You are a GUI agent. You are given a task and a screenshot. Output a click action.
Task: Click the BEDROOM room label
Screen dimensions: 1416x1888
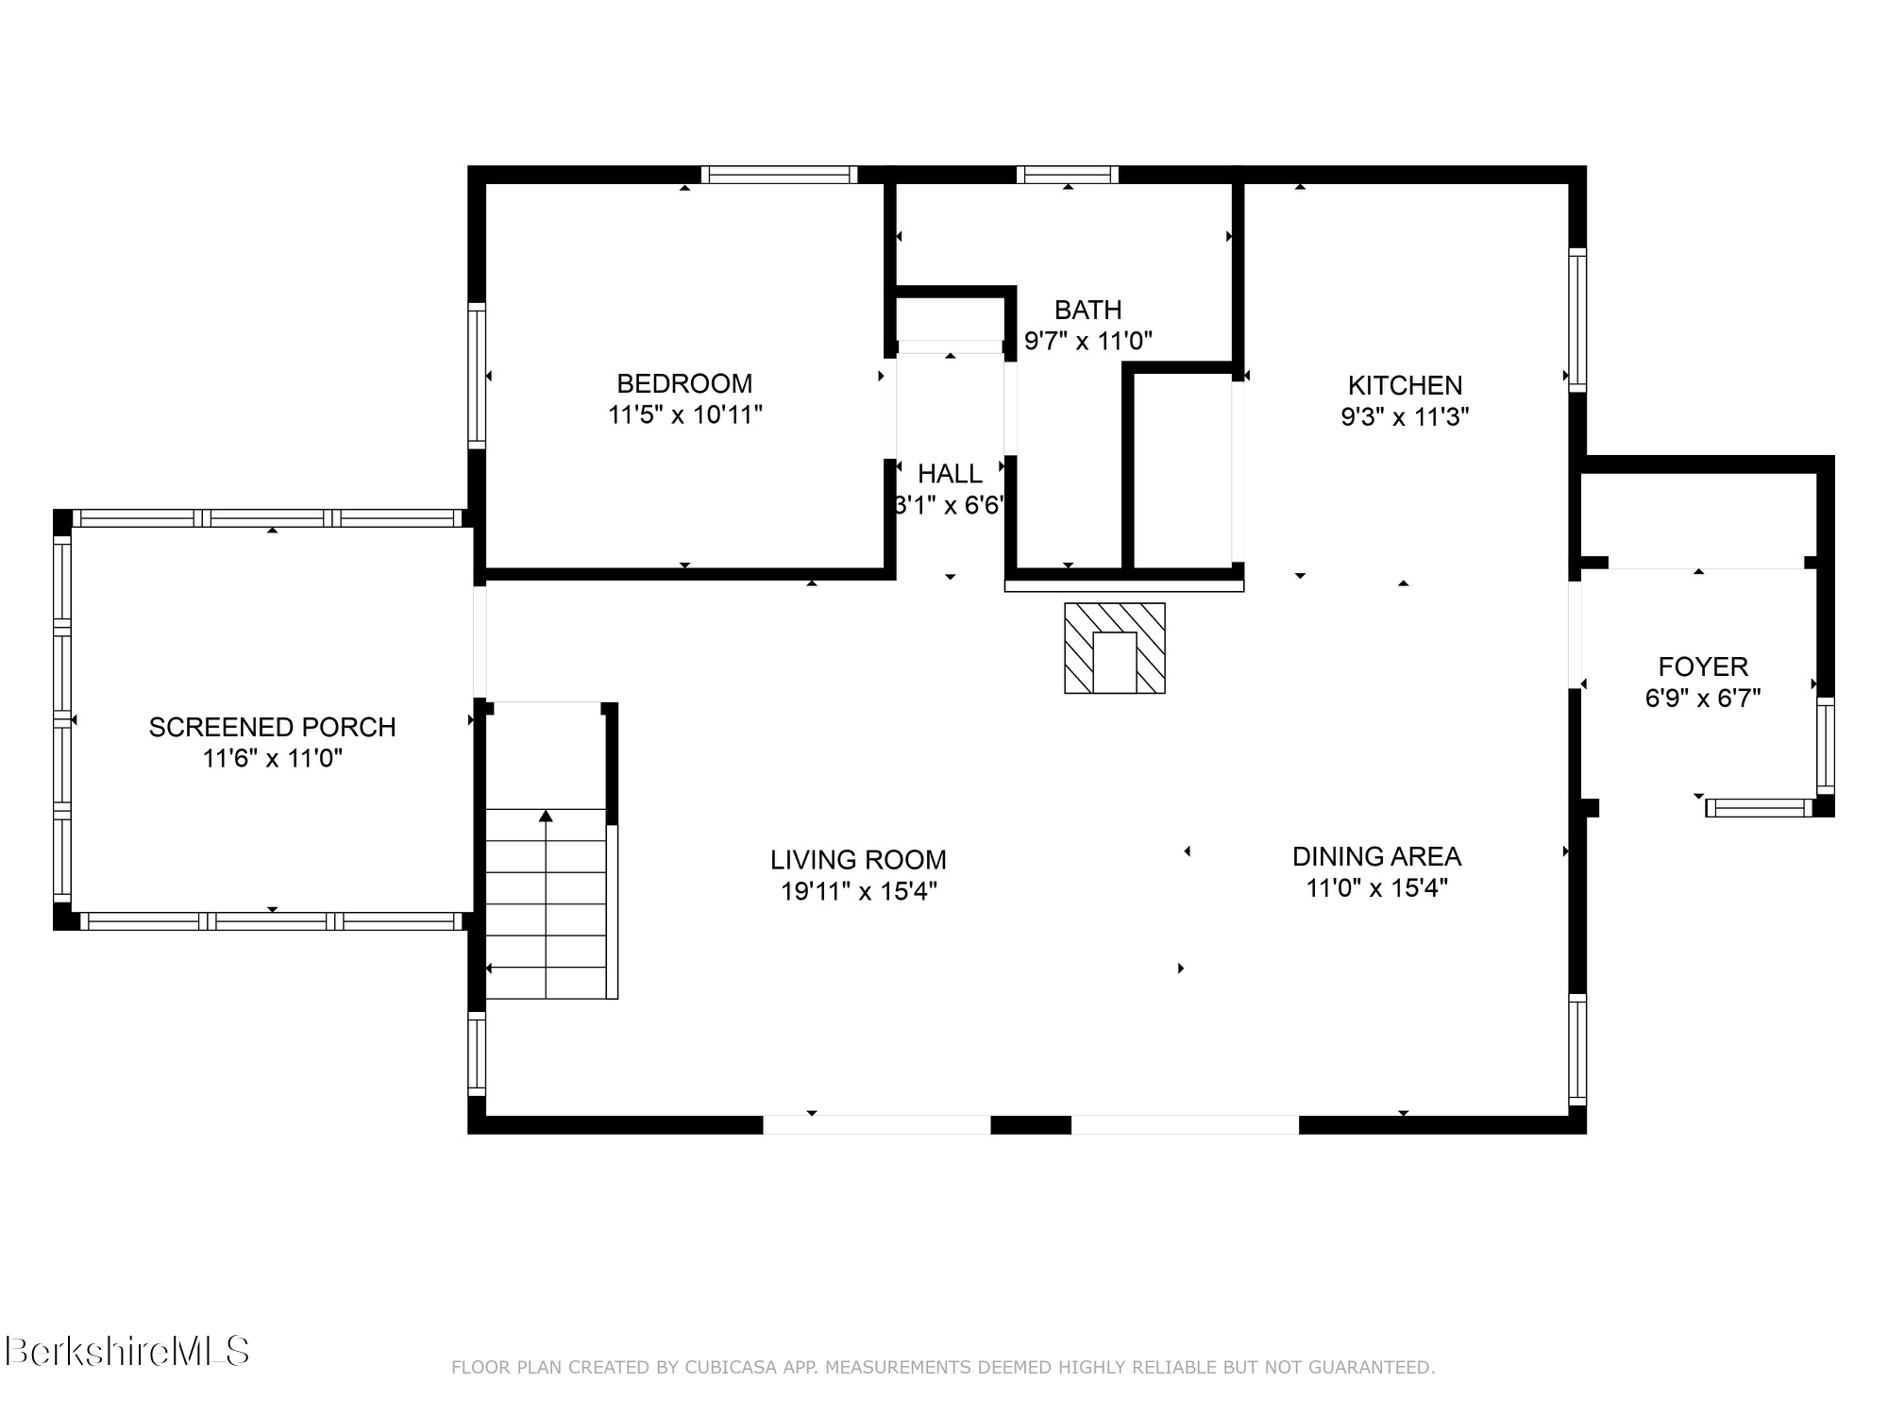coord(684,383)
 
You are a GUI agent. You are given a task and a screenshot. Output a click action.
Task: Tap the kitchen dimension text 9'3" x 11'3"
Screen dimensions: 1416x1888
coord(1405,416)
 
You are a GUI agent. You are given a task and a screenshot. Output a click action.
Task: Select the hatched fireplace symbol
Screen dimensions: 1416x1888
coord(1115,649)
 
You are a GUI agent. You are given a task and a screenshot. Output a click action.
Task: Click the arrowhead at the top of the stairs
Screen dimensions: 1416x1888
coord(546,816)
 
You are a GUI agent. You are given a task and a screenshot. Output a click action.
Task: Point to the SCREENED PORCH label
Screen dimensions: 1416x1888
coord(272,727)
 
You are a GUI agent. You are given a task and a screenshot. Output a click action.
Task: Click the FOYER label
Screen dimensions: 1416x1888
coord(1703,666)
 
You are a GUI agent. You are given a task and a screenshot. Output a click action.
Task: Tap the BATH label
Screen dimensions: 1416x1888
coord(1087,310)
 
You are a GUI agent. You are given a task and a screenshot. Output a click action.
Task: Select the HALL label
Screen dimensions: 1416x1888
coord(950,473)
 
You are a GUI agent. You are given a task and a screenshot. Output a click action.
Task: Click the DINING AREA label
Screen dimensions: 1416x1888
coord(1376,856)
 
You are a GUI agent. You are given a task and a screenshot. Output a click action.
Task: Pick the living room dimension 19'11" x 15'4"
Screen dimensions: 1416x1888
coord(858,891)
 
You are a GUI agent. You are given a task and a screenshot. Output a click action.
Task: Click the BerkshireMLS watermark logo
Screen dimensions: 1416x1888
coord(127,1351)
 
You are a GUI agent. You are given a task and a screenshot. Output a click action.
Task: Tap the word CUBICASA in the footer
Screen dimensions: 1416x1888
coord(733,1368)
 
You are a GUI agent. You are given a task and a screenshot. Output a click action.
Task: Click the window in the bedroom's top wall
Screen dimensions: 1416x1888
coord(780,175)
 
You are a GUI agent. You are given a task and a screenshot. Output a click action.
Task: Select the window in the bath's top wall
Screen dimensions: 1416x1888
coord(1068,175)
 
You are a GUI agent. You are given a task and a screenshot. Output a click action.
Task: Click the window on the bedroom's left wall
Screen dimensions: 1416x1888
coord(477,376)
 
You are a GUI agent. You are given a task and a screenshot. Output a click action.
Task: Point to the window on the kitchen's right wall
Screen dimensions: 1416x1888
coord(1577,319)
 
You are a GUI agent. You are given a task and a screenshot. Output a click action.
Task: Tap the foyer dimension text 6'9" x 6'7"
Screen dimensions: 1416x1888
coord(1703,699)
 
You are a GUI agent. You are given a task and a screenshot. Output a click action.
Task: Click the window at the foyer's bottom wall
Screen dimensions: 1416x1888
coord(1760,808)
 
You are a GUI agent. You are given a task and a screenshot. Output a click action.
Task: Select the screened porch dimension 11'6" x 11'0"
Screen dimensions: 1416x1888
coord(272,758)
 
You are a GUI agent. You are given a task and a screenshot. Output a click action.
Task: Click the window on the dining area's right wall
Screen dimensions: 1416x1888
coord(1577,1049)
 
